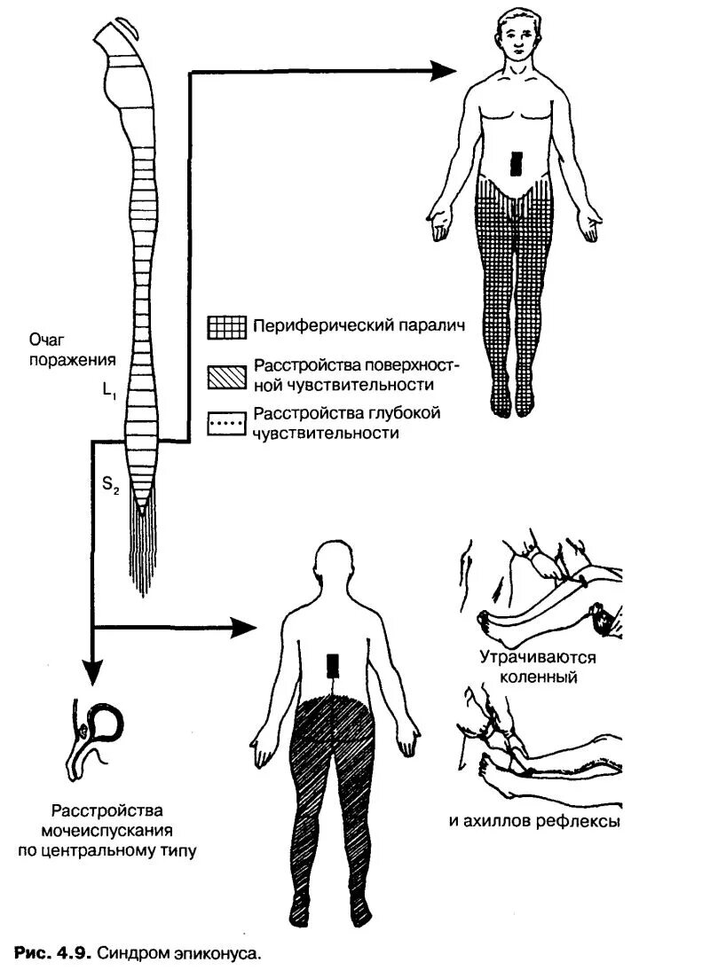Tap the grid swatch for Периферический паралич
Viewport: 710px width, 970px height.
pos(226,326)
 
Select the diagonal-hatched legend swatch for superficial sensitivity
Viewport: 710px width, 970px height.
pos(226,376)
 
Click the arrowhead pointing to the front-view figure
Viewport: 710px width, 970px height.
pos(441,71)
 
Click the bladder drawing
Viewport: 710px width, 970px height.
pos(99,731)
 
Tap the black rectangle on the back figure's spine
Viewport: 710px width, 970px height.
pos(333,665)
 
